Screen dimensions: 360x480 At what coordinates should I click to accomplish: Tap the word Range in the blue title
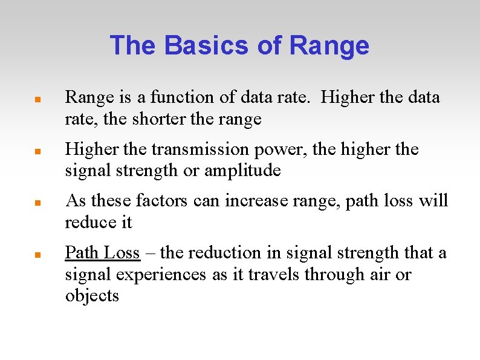pos(329,45)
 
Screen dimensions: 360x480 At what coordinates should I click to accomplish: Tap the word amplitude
pos(242,171)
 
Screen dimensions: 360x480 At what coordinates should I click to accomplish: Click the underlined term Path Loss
pos(102,252)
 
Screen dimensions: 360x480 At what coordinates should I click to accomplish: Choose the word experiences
pos(159,274)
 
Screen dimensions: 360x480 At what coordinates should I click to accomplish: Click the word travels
pos(274,274)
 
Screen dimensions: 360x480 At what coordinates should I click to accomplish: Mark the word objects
pos(92,296)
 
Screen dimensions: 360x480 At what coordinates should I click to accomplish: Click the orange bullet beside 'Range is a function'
pos(37,98)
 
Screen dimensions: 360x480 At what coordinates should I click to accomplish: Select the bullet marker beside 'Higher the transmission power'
pos(37,150)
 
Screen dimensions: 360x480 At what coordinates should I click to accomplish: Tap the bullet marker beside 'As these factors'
pos(37,201)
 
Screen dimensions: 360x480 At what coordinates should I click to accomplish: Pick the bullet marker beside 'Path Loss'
pos(37,254)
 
